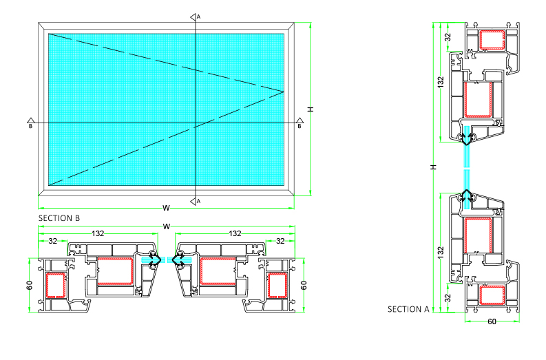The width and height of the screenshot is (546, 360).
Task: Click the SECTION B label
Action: pos(59,218)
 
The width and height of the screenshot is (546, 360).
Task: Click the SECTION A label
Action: pos(408,309)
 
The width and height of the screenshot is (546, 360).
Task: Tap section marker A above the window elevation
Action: pos(195,17)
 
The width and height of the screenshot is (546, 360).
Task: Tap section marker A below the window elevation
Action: pos(195,201)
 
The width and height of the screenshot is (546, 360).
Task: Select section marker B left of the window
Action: pos(31,123)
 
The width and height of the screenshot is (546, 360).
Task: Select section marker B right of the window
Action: pos(300,123)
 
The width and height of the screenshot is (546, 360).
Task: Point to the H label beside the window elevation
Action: pos(311,109)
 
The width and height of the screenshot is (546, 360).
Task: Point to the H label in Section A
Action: pos(433,167)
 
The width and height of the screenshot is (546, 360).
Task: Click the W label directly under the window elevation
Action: pos(166,208)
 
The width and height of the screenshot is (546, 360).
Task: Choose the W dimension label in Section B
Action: pos(167,226)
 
